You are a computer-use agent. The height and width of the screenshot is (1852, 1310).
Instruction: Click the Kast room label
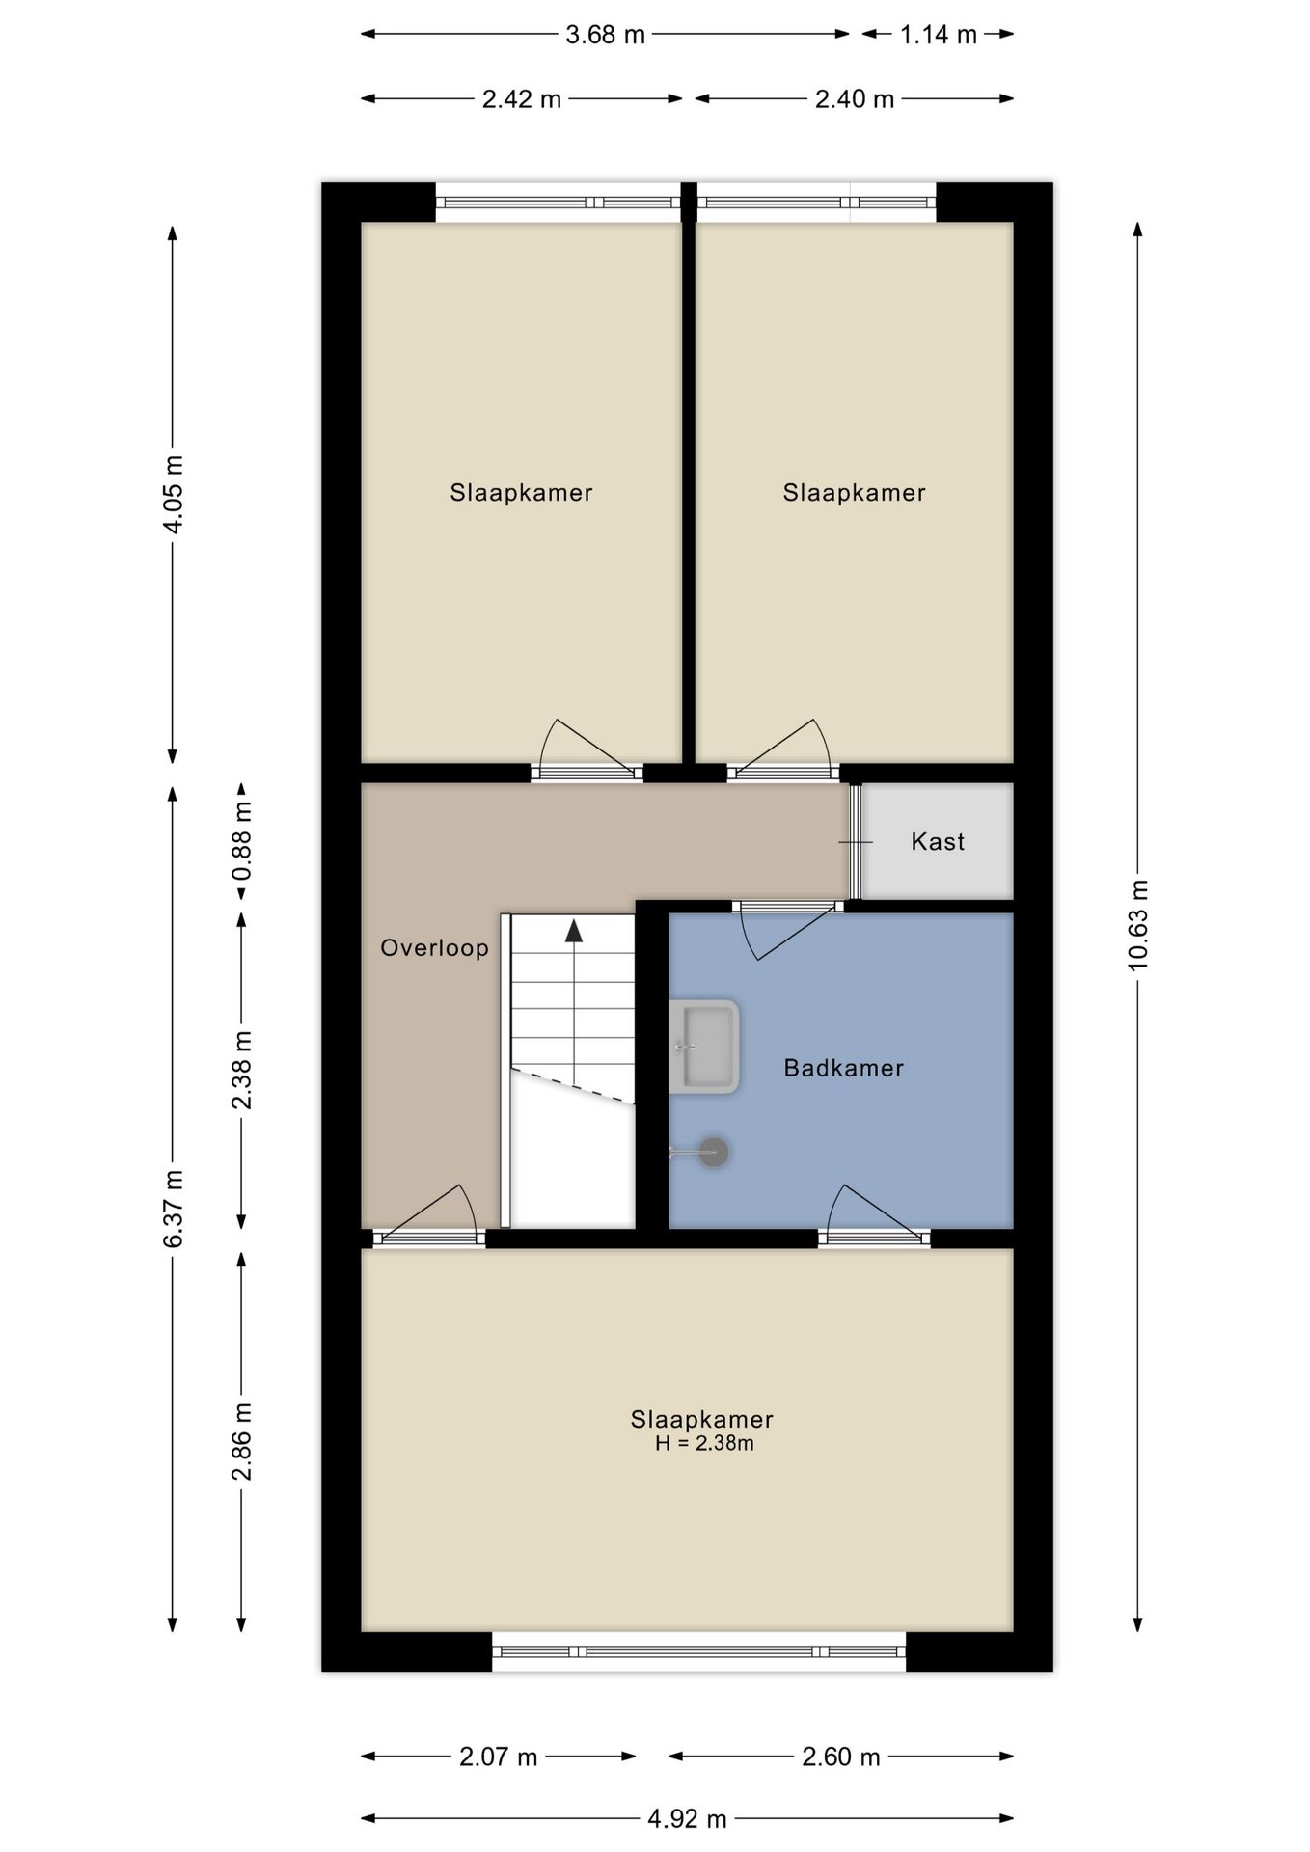coord(938,842)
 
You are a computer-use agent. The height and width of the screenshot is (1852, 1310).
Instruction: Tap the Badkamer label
coord(844,1068)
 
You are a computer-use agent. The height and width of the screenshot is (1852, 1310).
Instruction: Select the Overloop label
coord(434,948)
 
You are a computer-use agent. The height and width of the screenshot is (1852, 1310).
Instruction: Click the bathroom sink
coord(704,1047)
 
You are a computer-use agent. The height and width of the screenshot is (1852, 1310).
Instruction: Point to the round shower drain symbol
coord(714,1152)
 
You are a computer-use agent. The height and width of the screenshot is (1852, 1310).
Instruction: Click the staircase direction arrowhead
coord(574,931)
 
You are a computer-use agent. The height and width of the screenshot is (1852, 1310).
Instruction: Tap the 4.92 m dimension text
coord(687,1819)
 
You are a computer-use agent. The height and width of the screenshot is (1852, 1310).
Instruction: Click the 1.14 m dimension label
coord(939,36)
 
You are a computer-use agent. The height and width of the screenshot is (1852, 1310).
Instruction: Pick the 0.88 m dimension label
coord(241,841)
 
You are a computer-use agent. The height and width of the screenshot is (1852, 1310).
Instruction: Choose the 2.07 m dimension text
coord(498,1757)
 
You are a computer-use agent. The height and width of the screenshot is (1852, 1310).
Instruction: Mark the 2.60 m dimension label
coord(841,1757)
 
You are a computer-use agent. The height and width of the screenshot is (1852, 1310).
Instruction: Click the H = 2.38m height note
coord(704,1444)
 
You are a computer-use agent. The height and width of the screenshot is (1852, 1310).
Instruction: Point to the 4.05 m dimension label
coord(174,494)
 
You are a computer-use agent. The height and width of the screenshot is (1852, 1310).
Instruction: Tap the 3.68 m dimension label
coord(605,36)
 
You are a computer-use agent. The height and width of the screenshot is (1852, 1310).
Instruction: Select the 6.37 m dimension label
coord(174,1209)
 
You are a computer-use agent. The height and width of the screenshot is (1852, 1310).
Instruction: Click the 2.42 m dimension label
coord(522,99)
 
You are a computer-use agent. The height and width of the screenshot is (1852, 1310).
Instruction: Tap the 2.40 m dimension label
coord(855,99)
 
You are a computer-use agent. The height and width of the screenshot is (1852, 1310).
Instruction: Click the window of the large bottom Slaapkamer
coord(699,1651)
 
